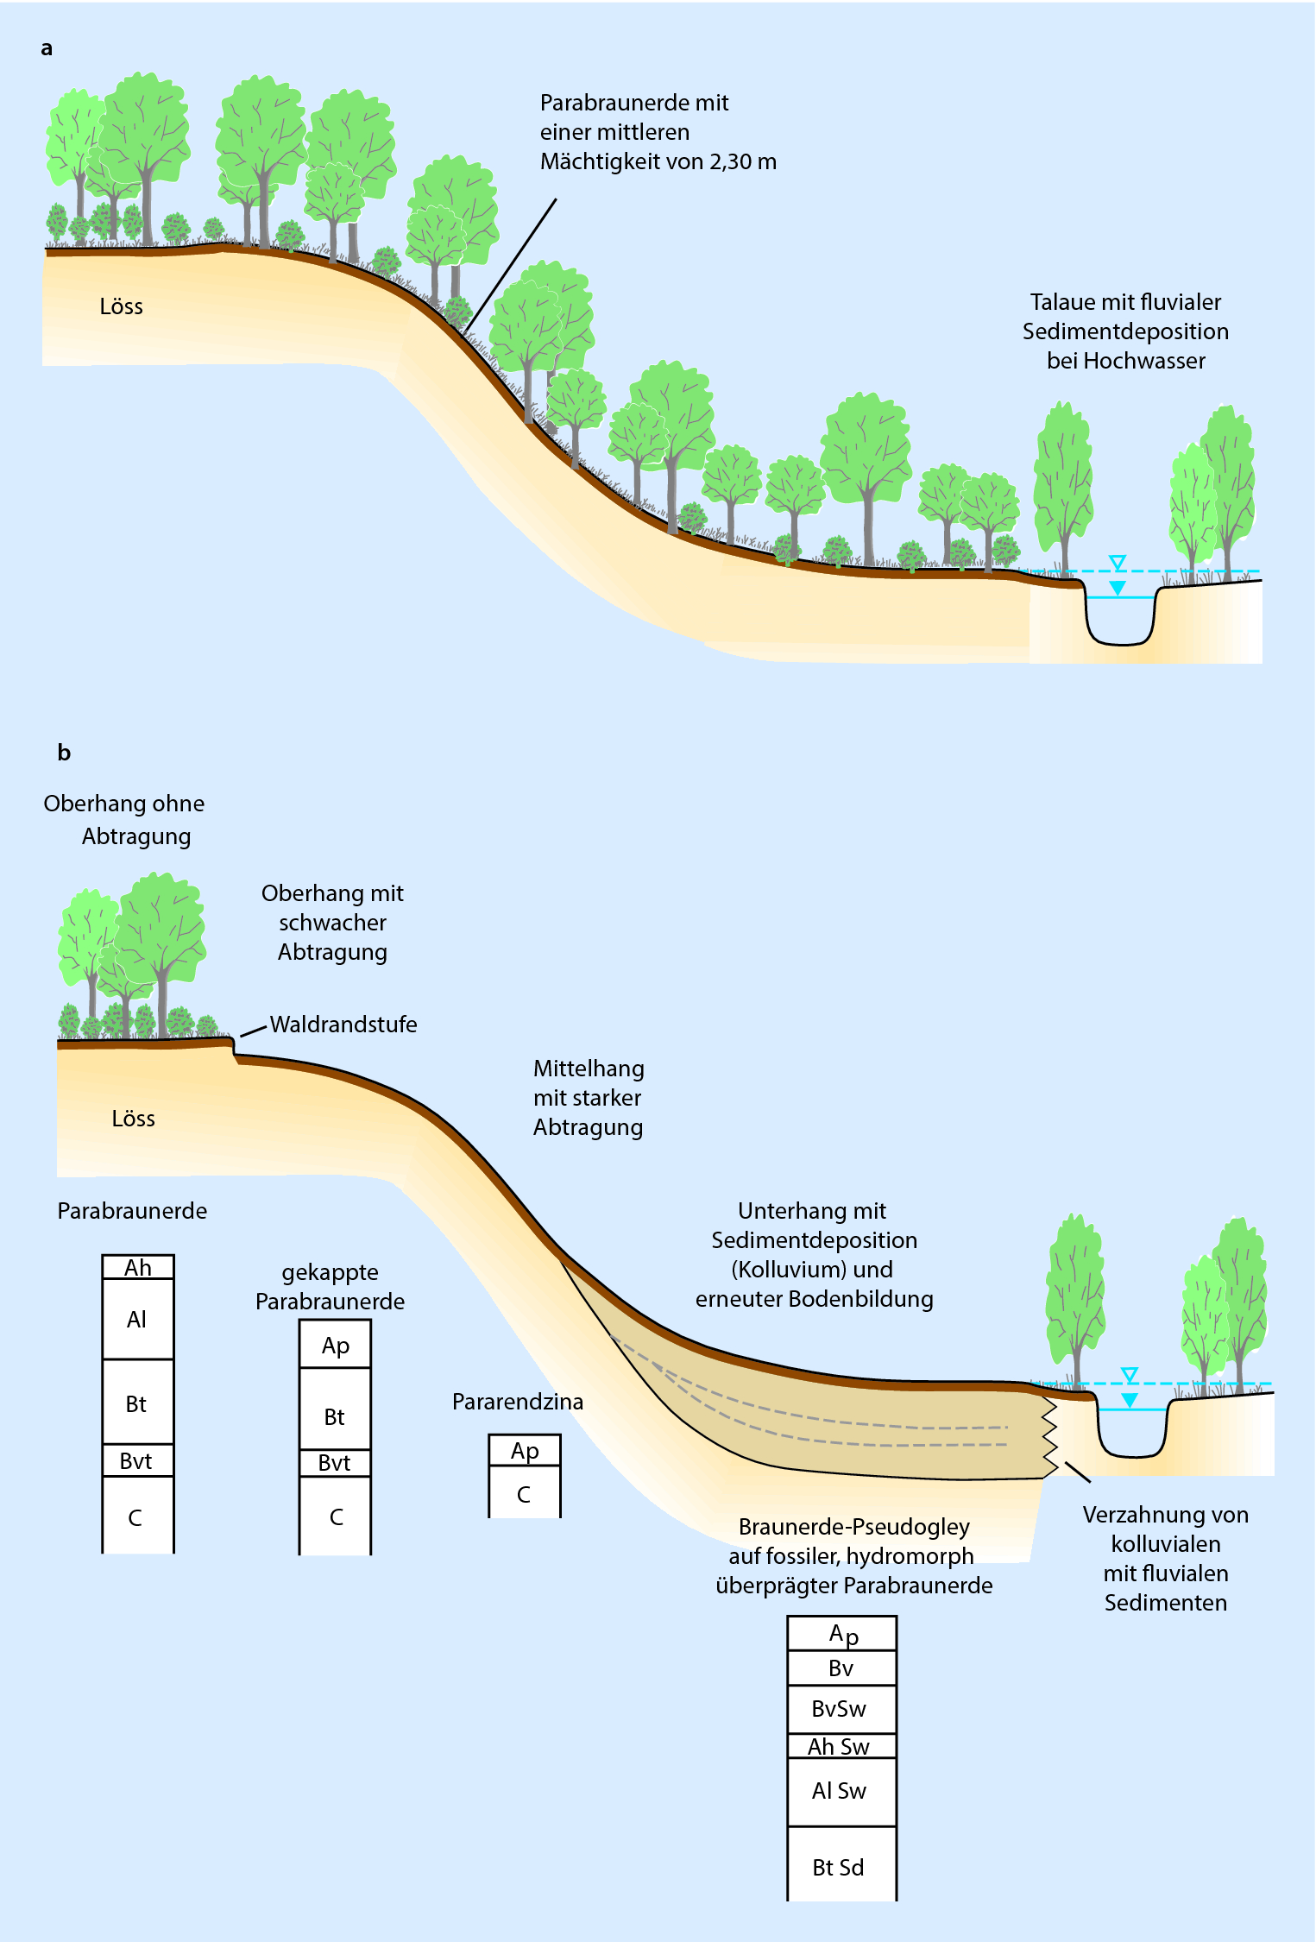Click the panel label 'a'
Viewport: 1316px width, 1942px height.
pyautogui.click(x=47, y=48)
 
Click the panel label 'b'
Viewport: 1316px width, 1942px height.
pyautogui.click(x=64, y=753)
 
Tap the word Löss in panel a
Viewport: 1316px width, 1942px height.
pyautogui.click(x=121, y=306)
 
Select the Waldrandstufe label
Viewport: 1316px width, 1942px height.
pyautogui.click(x=343, y=1025)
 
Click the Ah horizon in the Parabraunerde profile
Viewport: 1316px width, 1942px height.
pyautogui.click(x=138, y=1267)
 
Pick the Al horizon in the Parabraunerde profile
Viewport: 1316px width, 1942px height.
pyautogui.click(x=137, y=1319)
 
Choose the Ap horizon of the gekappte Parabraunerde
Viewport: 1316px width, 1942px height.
pyautogui.click(x=335, y=1346)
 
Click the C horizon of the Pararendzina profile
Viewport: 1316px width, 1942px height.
pyautogui.click(x=524, y=1495)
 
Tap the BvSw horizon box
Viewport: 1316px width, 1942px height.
pyautogui.click(x=841, y=1709)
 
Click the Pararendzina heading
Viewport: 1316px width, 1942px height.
pyautogui.click(x=518, y=1402)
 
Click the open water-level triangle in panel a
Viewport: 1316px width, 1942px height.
pyautogui.click(x=1118, y=563)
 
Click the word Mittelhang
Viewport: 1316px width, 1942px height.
pyautogui.click(x=589, y=1069)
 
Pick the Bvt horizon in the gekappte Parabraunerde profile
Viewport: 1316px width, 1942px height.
pyautogui.click(x=335, y=1463)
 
